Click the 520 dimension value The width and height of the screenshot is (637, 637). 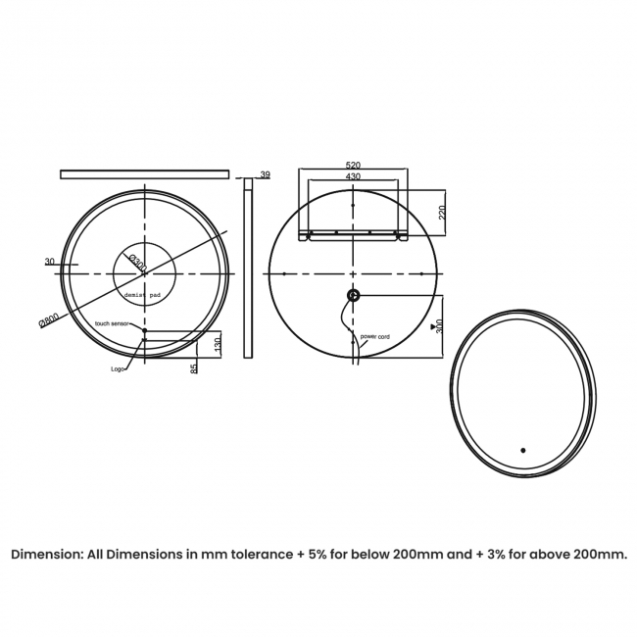tap(353, 166)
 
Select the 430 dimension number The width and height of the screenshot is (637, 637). tap(353, 176)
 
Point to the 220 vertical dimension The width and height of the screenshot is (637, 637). tap(442, 211)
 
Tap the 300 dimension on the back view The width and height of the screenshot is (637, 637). tap(440, 326)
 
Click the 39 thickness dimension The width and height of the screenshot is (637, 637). tap(264, 174)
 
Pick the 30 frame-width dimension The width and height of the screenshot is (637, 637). tap(49, 261)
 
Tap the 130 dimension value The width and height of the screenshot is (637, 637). tap(217, 345)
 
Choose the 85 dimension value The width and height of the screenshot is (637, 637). tap(194, 367)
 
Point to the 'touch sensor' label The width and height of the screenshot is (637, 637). tap(112, 322)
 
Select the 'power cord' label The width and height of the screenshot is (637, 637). tap(375, 336)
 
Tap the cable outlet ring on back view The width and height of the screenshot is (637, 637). tap(353, 295)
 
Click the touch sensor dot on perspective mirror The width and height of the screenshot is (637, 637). tap(523, 451)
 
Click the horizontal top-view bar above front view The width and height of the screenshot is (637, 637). tap(144, 174)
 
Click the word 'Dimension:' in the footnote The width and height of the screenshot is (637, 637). tap(47, 554)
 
